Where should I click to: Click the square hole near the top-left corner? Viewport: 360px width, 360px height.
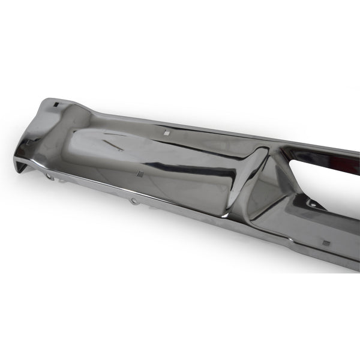pyautogui.click(x=55, y=106)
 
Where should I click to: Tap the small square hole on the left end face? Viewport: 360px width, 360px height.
pyautogui.click(x=28, y=142)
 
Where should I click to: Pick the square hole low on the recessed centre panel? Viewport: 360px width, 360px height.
pyautogui.click(x=139, y=174)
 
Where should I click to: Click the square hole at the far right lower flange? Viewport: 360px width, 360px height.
pyautogui.click(x=326, y=244)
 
